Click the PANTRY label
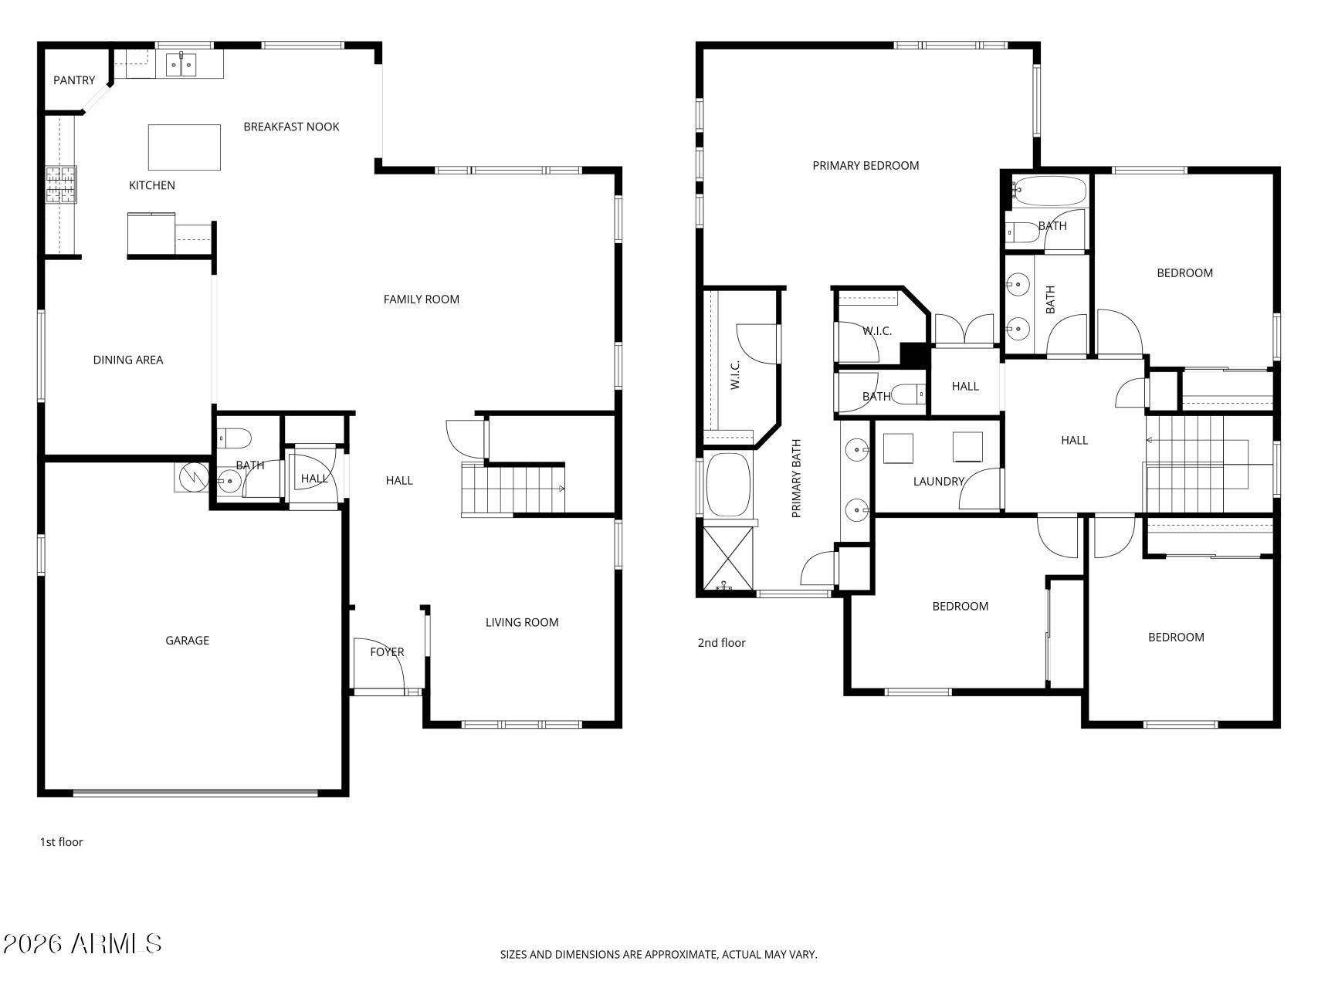pyautogui.click(x=74, y=80)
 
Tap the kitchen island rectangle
pyautogui.click(x=184, y=147)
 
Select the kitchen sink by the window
pyautogui.click(x=181, y=65)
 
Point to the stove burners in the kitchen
pyautogui.click(x=61, y=185)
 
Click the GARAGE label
pyautogui.click(x=187, y=641)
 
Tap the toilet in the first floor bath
pyautogui.click(x=234, y=438)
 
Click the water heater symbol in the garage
pyautogui.click(x=190, y=477)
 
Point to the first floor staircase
pyautogui.click(x=513, y=489)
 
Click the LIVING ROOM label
pyautogui.click(x=522, y=623)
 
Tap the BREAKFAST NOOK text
pyautogui.click(x=291, y=127)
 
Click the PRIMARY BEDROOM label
pyautogui.click(x=866, y=165)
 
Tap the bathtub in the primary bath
pyautogui.click(x=728, y=485)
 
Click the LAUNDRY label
pyautogui.click(x=939, y=482)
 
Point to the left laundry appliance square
pyautogui.click(x=898, y=448)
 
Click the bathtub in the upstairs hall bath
pyautogui.click(x=1049, y=191)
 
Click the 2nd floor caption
pyautogui.click(x=721, y=643)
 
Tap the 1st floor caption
pyautogui.click(x=61, y=842)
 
